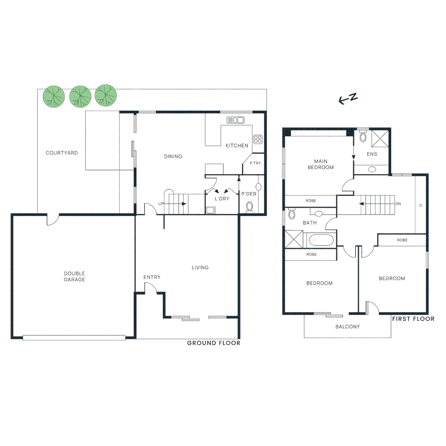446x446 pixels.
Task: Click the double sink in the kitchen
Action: (x=235, y=120)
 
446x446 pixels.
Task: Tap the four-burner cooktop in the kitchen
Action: (x=258, y=139)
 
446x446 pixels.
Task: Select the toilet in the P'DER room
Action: (x=249, y=206)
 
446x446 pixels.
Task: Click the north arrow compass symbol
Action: (x=348, y=99)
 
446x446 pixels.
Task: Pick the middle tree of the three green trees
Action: (x=80, y=96)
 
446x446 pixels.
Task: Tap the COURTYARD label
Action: (x=62, y=153)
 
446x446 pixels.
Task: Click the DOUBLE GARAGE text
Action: (x=74, y=277)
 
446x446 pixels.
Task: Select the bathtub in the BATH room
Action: (x=321, y=240)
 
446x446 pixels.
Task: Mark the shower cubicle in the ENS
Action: (x=380, y=138)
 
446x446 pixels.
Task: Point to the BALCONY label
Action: (x=347, y=327)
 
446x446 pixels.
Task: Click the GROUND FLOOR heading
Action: (x=214, y=343)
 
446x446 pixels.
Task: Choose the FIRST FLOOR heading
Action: (x=413, y=319)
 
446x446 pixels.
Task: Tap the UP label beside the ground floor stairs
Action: (x=161, y=204)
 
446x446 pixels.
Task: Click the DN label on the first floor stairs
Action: (x=398, y=204)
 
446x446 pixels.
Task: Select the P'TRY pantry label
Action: (x=255, y=164)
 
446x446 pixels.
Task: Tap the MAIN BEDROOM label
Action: (x=324, y=164)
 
